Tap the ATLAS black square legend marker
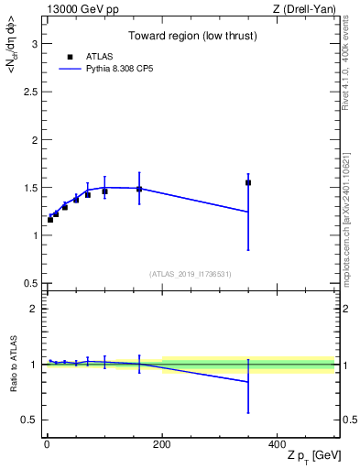click(x=71, y=57)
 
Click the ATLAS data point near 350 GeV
click(x=248, y=182)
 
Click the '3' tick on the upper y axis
click(x=34, y=44)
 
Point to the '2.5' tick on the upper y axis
click(x=30, y=92)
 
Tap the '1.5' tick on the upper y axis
click(x=30, y=188)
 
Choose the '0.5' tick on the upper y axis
click(x=30, y=283)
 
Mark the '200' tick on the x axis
click(x=162, y=444)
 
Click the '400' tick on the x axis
click(x=277, y=444)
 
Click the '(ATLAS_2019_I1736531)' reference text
click(x=191, y=274)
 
